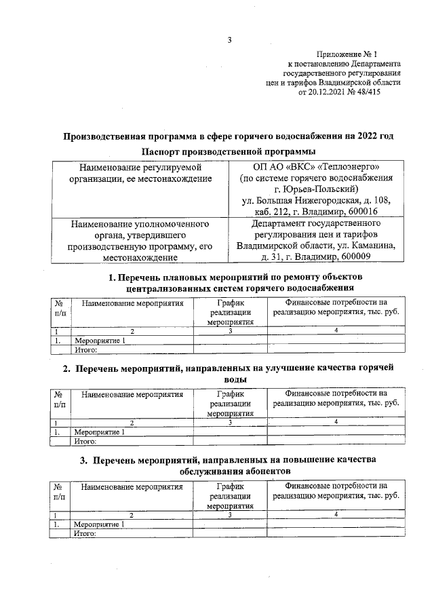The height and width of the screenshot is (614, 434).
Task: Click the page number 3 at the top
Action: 230,39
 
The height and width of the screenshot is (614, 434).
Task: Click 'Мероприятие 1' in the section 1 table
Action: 100,341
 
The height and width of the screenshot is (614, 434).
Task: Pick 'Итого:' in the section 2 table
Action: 86,440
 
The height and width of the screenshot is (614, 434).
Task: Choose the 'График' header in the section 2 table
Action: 230,393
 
